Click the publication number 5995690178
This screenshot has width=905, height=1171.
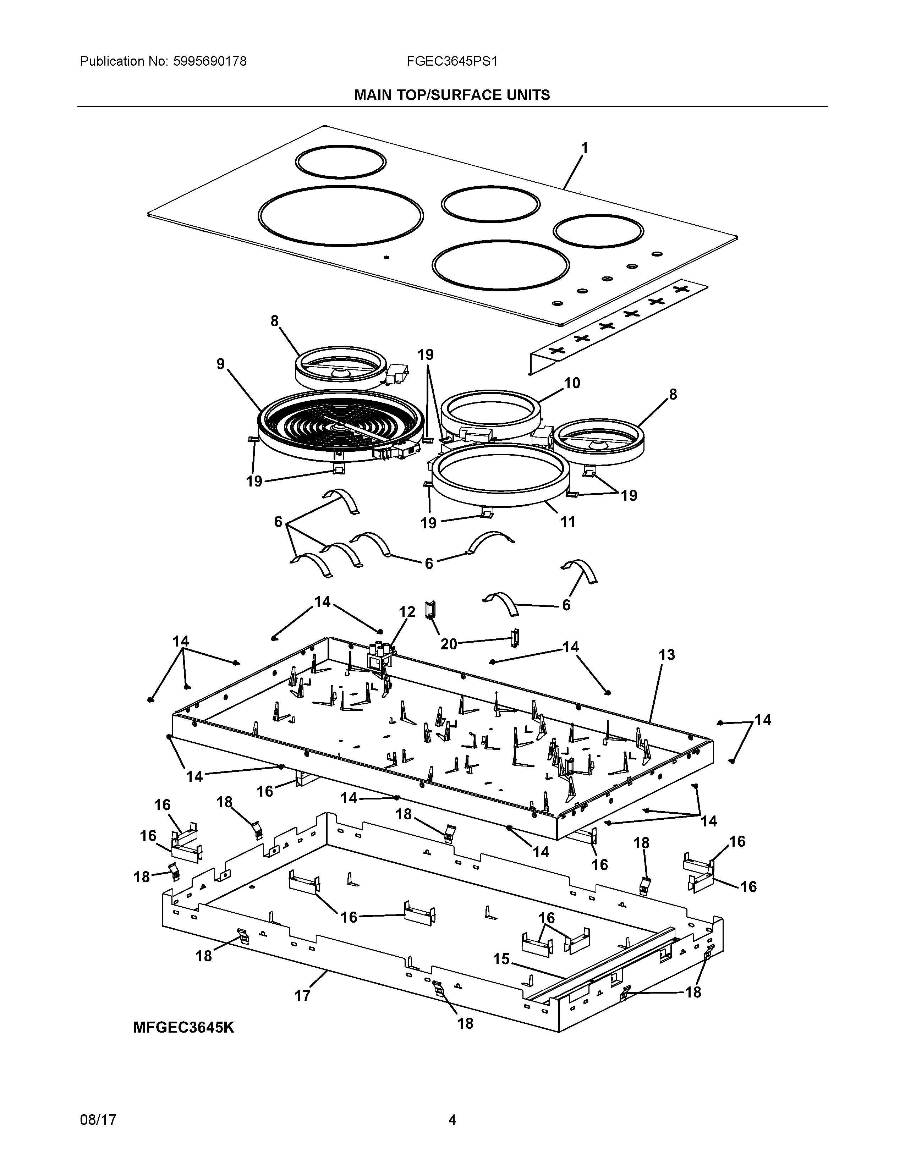pyautogui.click(x=210, y=62)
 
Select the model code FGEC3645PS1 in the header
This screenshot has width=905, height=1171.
pyautogui.click(x=452, y=62)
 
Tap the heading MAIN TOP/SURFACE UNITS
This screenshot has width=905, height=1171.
pyautogui.click(x=452, y=95)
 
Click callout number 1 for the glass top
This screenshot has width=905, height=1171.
pyautogui.click(x=585, y=148)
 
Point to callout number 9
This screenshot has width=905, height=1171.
pyautogui.click(x=221, y=364)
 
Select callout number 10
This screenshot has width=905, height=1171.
pyautogui.click(x=572, y=383)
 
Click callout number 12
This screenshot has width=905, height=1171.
pyautogui.click(x=407, y=612)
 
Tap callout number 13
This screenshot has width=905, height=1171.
pyautogui.click(x=667, y=655)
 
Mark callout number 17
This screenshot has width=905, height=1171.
pyautogui.click(x=302, y=996)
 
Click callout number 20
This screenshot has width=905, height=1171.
pyautogui.click(x=448, y=644)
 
